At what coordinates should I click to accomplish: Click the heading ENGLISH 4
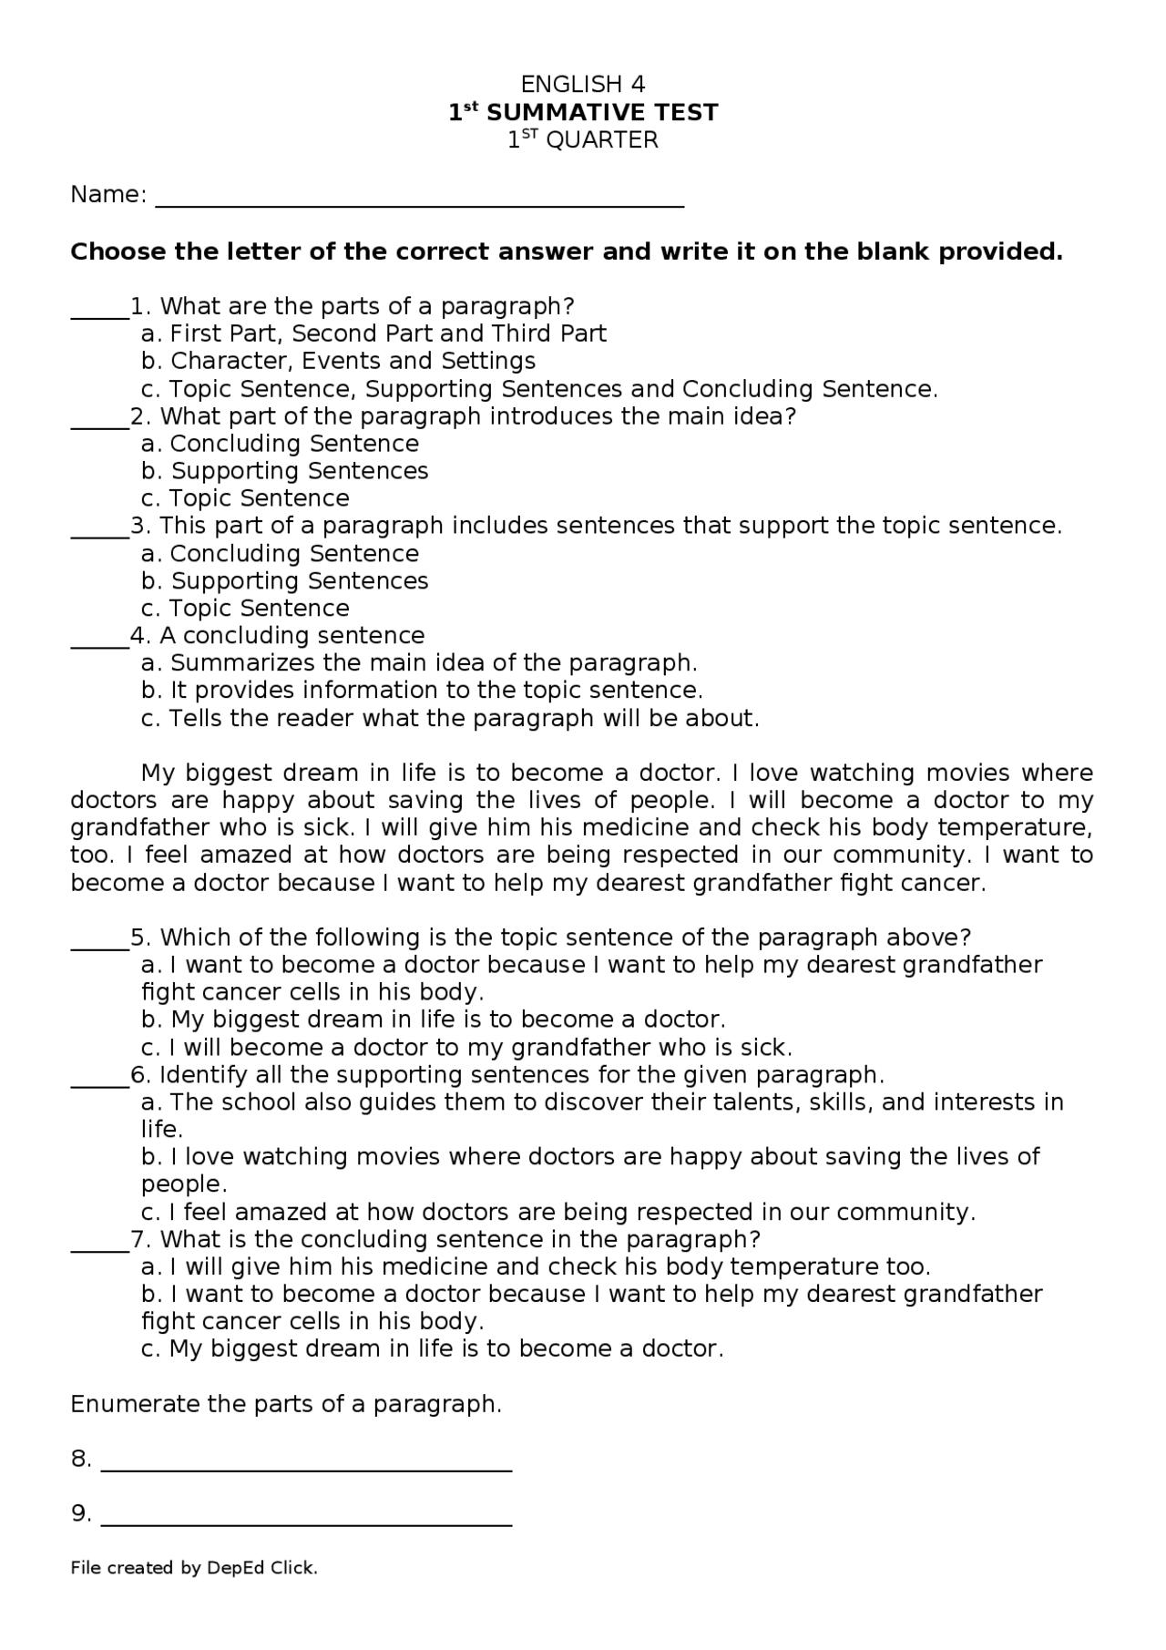click(582, 85)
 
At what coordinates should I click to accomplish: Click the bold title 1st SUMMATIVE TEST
click(582, 113)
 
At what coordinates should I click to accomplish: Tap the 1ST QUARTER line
click(582, 140)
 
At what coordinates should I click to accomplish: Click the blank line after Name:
click(419, 202)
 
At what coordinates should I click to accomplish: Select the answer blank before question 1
click(99, 313)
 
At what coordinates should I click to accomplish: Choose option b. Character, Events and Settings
click(338, 361)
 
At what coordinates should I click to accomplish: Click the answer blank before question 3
click(99, 533)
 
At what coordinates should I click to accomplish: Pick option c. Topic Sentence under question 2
click(245, 498)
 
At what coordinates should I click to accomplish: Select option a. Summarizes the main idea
click(419, 663)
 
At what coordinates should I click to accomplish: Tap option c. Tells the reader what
click(450, 719)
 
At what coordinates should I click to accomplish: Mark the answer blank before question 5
click(99, 945)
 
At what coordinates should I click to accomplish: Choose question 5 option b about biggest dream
click(434, 1020)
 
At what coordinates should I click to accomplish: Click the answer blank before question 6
click(99, 1082)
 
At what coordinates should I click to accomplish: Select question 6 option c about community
click(557, 1213)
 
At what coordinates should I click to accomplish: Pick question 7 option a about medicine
click(536, 1267)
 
